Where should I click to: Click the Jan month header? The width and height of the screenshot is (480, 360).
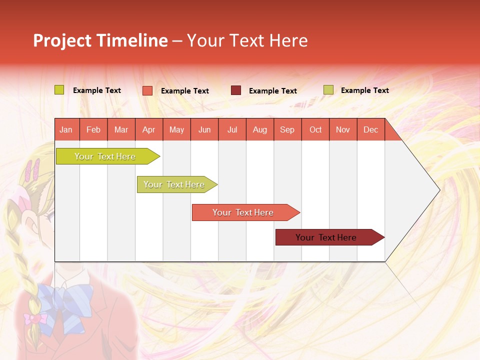(x=66, y=129)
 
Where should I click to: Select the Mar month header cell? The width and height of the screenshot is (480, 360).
(x=121, y=129)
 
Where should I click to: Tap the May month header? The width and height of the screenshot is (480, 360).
(x=176, y=129)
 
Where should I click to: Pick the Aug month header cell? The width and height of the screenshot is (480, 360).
(x=259, y=129)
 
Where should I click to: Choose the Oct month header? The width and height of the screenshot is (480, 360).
(x=315, y=129)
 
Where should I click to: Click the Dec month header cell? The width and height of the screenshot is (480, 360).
(x=370, y=129)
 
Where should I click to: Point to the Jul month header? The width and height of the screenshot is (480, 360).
(x=232, y=129)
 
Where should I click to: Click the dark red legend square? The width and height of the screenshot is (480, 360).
(x=236, y=90)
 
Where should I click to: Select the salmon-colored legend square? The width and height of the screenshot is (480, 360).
(x=147, y=90)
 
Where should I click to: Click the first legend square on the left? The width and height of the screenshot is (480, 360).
(x=59, y=90)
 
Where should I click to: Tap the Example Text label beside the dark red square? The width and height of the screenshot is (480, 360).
(x=272, y=91)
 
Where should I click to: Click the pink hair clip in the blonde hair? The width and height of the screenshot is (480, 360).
(x=33, y=170)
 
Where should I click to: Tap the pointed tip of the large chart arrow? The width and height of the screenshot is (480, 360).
(x=438, y=190)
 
